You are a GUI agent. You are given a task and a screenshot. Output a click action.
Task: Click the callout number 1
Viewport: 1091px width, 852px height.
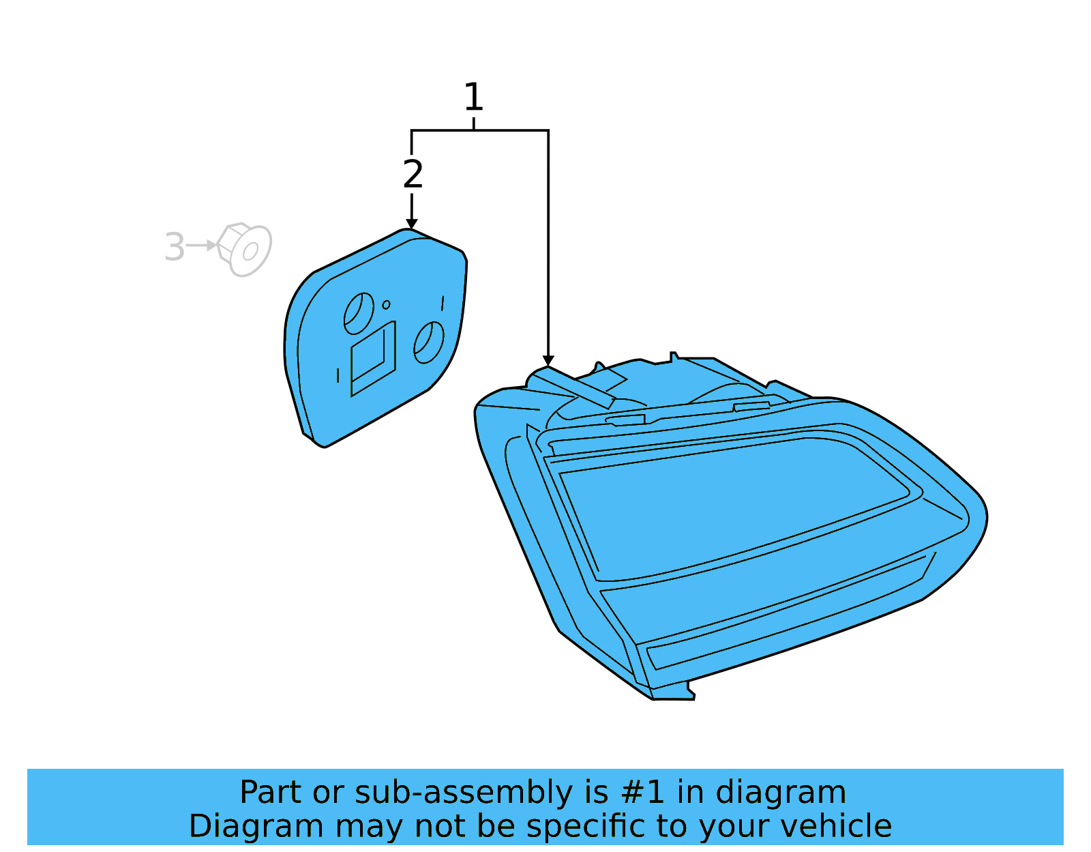473,98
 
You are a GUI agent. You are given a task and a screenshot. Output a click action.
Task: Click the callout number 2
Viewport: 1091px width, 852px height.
413,175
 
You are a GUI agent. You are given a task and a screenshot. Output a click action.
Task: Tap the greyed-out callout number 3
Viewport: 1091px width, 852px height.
175,247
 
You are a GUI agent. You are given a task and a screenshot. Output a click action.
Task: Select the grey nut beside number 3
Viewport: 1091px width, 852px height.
245,249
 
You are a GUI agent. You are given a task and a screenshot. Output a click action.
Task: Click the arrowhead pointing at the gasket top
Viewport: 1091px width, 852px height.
411,224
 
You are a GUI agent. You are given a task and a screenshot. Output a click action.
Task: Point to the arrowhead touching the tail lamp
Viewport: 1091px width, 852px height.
548,361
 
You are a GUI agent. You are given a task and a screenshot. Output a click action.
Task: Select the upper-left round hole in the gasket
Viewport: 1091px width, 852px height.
359,313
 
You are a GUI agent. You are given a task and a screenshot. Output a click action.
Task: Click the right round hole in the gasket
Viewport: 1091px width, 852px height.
429,342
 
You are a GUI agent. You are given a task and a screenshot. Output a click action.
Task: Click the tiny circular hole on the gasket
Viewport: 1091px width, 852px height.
386,304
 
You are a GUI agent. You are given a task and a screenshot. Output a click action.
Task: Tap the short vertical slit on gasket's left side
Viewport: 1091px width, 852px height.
338,375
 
